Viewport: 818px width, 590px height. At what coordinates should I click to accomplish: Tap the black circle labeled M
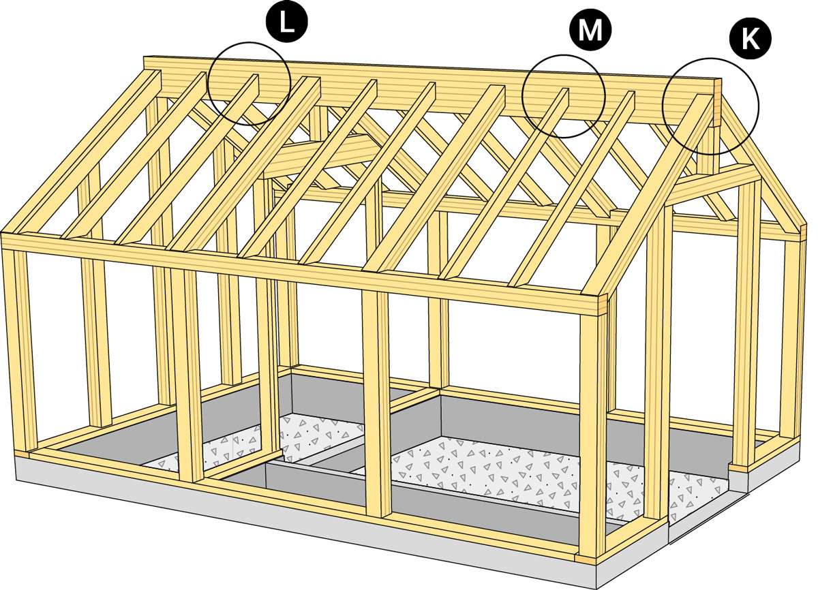point(590,31)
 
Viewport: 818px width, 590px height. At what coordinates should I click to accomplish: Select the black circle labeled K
point(751,39)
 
